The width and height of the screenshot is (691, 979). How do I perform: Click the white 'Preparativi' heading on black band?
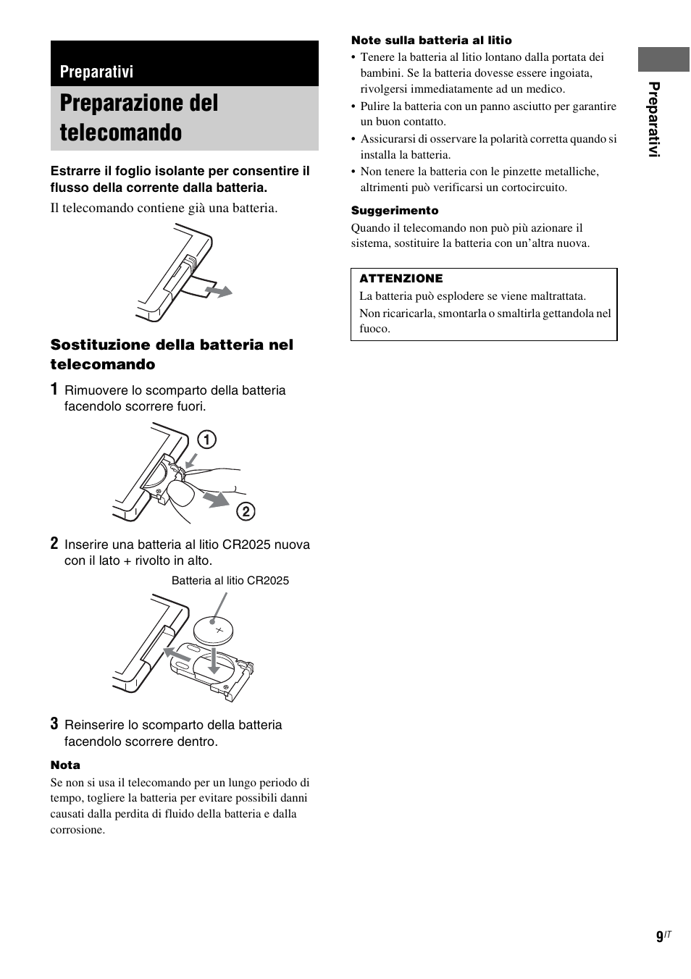pyautogui.click(x=97, y=72)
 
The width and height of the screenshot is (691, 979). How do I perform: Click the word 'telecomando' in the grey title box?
pyautogui.click(x=121, y=133)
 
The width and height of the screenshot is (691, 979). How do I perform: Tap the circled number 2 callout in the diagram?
pyautogui.click(x=246, y=512)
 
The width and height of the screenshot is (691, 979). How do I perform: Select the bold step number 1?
pyautogui.click(x=54, y=390)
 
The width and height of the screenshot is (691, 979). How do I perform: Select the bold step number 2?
pyautogui.click(x=54, y=543)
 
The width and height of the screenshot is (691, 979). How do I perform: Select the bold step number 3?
pyautogui.click(x=54, y=723)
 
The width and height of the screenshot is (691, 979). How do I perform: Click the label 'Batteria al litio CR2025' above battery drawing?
pyautogui.click(x=230, y=581)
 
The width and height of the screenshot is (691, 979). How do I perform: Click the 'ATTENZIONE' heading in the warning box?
pyautogui.click(x=401, y=279)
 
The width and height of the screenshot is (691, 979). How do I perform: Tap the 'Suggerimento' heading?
pyautogui.click(x=395, y=211)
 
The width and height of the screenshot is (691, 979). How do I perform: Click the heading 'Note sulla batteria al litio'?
pyautogui.click(x=431, y=41)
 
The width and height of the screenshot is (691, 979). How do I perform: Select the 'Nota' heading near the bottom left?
pyautogui.click(x=65, y=765)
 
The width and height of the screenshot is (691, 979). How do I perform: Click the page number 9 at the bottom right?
pyautogui.click(x=659, y=937)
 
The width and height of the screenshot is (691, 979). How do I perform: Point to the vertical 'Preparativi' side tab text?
pyautogui.click(x=655, y=119)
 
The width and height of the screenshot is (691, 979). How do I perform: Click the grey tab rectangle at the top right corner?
pyautogui.click(x=663, y=60)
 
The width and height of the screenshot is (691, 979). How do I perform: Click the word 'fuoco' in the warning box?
pyautogui.click(x=374, y=329)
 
